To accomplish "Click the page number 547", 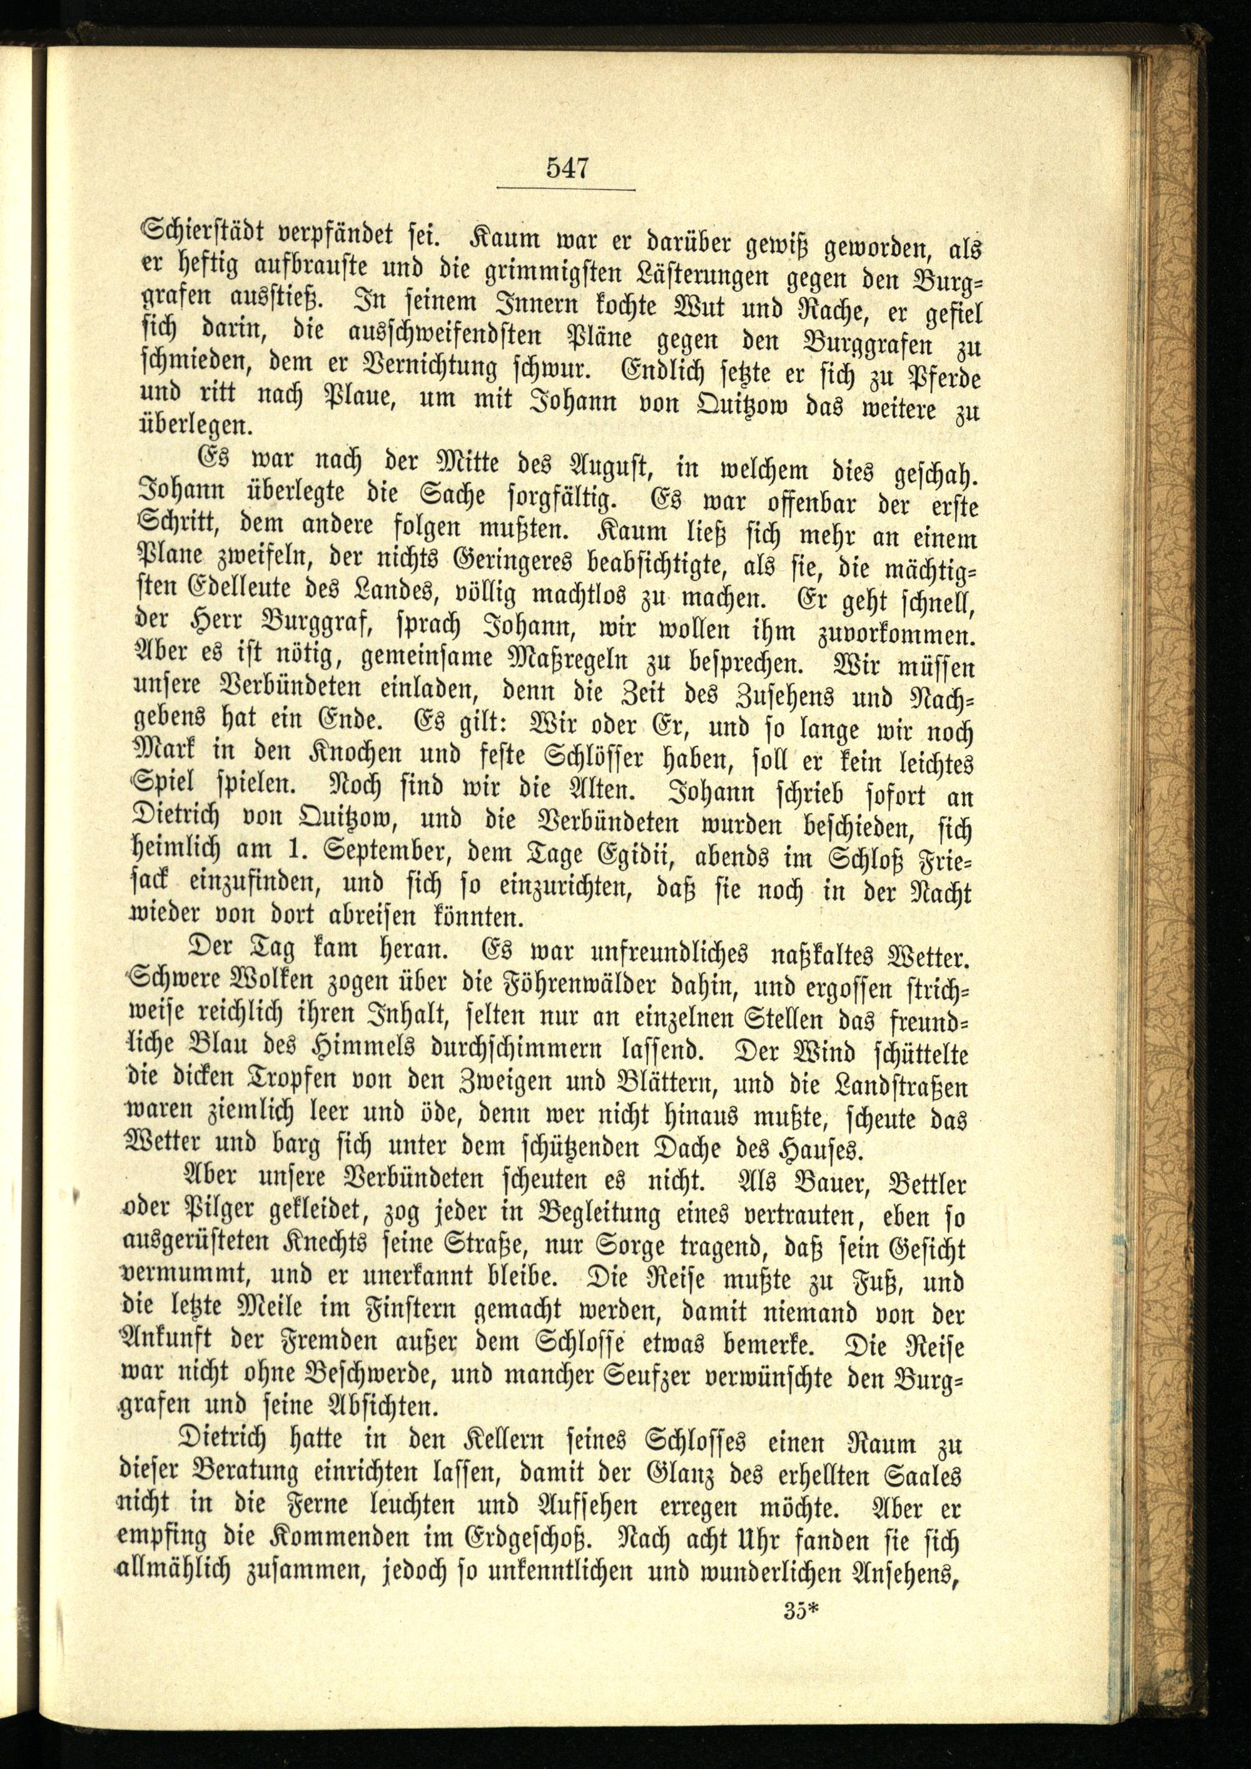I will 567,167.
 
